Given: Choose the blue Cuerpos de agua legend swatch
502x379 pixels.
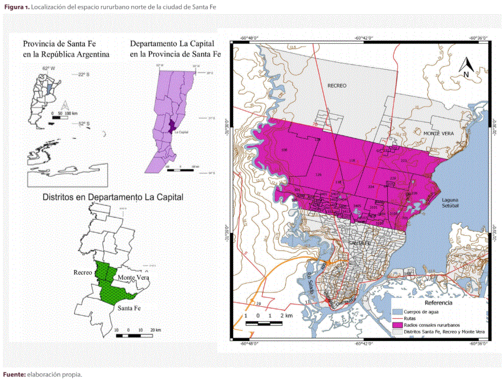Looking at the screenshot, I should coord(397,311).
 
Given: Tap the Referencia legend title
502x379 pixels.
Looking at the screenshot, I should coord(438,303).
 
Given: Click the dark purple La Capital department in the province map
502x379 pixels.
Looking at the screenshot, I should coord(172,126).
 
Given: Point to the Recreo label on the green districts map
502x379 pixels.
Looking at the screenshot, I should coord(83,273).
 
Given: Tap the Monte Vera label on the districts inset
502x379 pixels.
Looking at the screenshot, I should coord(134,277).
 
